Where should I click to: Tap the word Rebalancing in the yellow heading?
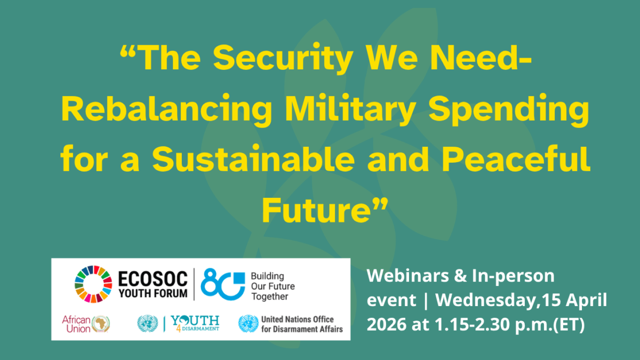tap(166, 110)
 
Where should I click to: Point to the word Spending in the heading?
tap(509, 110)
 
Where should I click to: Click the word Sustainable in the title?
tap(253, 158)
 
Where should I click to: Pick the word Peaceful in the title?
tap(516, 158)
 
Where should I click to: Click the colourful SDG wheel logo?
tap(93, 284)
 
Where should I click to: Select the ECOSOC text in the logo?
tap(153, 279)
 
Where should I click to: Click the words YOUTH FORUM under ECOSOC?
tap(153, 293)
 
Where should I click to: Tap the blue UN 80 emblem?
tap(223, 284)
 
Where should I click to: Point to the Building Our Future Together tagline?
tap(273, 286)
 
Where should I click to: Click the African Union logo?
tap(86, 324)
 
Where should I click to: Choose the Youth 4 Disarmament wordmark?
tap(195, 323)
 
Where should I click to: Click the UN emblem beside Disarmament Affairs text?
tap(249, 324)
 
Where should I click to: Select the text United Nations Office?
tap(298, 319)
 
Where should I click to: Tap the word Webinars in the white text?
tap(407, 276)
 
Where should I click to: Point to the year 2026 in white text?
tap(387, 324)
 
